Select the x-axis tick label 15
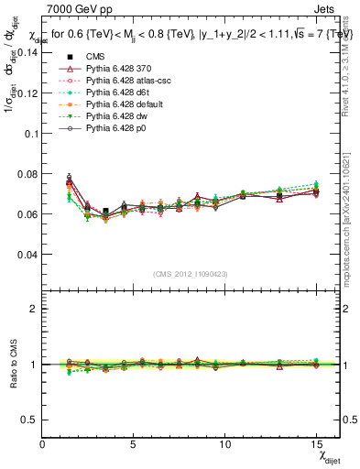(x=316, y=443)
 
